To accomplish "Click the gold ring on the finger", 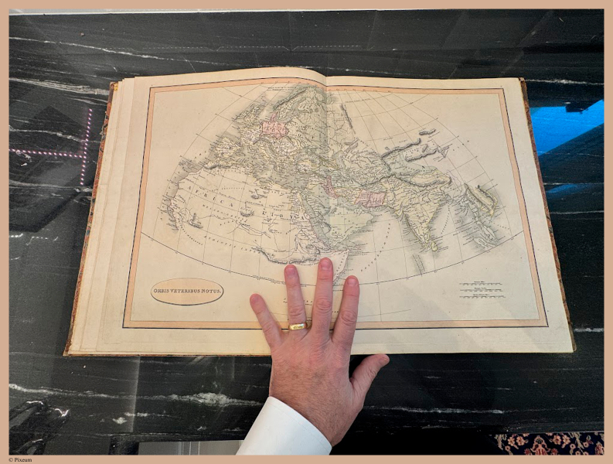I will tap(298, 326).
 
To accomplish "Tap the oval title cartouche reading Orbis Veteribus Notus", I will tap(186, 291).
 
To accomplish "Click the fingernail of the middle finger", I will tap(325, 266).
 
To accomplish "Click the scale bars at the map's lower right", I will tap(481, 290).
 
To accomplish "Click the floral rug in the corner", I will tap(550, 443).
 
